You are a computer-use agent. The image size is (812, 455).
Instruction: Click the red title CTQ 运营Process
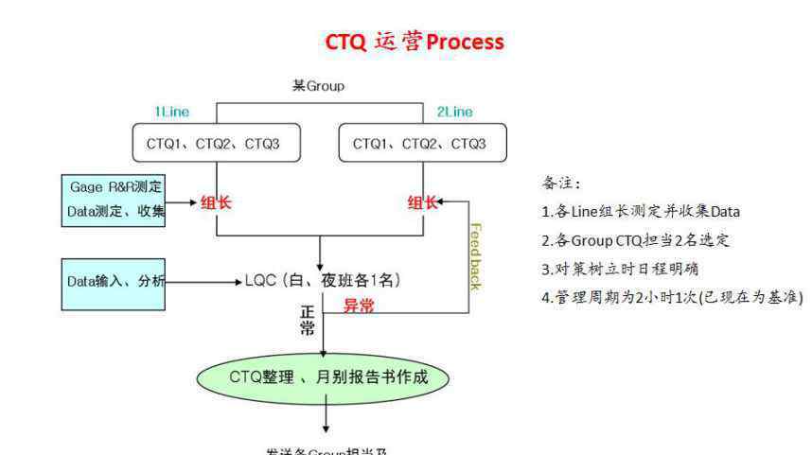pyautogui.click(x=415, y=43)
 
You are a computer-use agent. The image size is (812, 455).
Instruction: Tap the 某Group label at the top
pyautogui.click(x=318, y=86)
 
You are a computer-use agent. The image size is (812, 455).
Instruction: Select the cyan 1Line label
pyautogui.click(x=172, y=112)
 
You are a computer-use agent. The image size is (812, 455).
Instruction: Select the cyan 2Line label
pyautogui.click(x=454, y=112)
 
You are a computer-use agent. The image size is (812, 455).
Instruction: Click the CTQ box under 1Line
pyautogui.click(x=217, y=144)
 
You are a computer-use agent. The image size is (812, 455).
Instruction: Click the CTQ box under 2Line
pyautogui.click(x=422, y=144)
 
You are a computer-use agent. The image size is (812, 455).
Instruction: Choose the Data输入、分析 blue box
pyautogui.click(x=114, y=283)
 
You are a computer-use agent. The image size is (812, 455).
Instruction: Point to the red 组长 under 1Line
pyautogui.click(x=217, y=202)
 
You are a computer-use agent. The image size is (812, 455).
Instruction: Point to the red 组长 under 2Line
pyautogui.click(x=423, y=202)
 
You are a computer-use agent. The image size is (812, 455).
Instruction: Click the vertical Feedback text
pyautogui.click(x=476, y=256)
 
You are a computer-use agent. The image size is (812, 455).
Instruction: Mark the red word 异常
pyautogui.click(x=357, y=305)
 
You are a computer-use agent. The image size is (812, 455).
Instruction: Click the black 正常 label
pyautogui.click(x=308, y=322)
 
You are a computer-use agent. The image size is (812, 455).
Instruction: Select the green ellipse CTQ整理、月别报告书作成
pyautogui.click(x=324, y=377)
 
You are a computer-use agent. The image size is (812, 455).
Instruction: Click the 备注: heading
pyautogui.click(x=561, y=183)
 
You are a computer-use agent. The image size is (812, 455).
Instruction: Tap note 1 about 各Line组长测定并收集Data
pyautogui.click(x=640, y=211)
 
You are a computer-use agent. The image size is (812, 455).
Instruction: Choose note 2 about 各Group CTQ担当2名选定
pyautogui.click(x=635, y=239)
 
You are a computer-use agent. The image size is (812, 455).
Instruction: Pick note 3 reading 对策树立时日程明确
pyautogui.click(x=620, y=268)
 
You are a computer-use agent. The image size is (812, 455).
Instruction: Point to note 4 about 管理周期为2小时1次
pyautogui.click(x=671, y=297)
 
